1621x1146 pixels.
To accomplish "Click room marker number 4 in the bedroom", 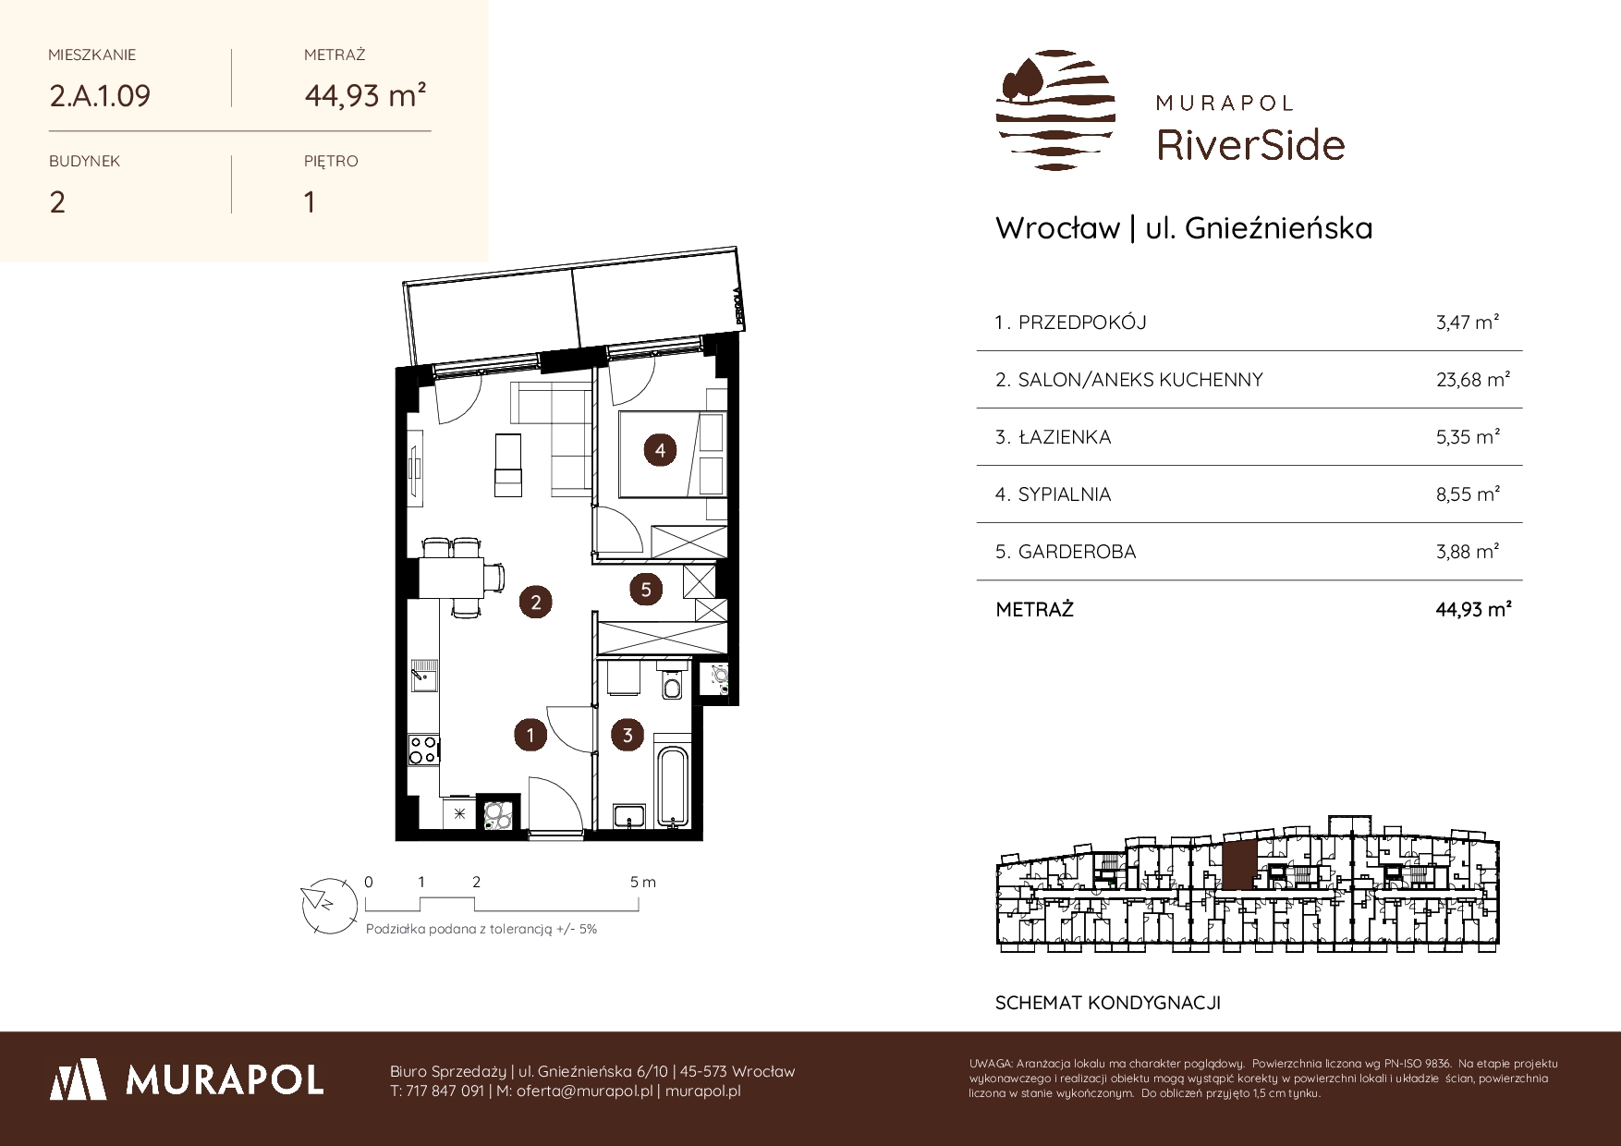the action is (660, 450).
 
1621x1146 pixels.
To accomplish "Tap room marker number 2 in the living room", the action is (535, 603).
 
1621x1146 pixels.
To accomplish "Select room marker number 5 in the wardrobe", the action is (646, 589).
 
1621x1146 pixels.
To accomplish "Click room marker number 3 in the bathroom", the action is (628, 736).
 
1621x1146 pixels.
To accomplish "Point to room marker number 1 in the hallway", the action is (530, 736).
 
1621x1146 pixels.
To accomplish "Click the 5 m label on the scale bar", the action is (643, 882).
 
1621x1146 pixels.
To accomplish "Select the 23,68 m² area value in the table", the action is (1473, 379).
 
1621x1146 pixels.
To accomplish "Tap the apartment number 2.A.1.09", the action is (100, 96).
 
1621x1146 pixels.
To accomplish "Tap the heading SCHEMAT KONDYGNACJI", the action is (1108, 1003).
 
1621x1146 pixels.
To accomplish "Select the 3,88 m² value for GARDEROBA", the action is (1468, 551).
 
